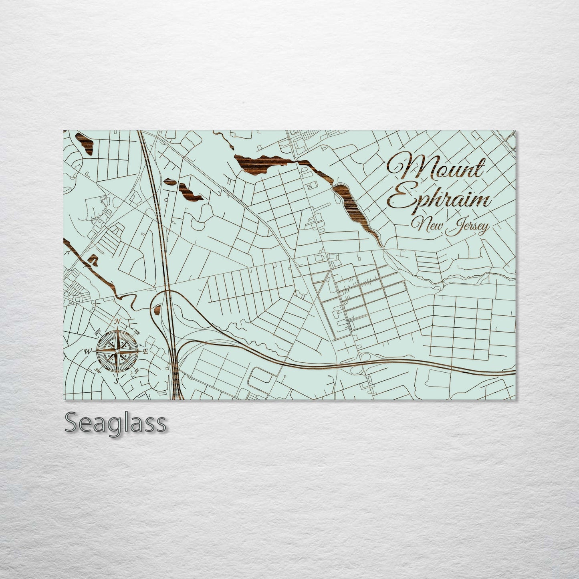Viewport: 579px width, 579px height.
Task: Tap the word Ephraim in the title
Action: (439, 199)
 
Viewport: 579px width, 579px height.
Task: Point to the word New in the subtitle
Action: (429, 227)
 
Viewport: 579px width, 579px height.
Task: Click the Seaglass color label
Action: (115, 423)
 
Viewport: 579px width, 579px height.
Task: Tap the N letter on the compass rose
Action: (117, 321)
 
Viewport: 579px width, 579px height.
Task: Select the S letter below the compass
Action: (117, 381)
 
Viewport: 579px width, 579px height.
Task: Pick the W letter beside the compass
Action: (87, 351)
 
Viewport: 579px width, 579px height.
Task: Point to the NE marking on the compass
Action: (137, 332)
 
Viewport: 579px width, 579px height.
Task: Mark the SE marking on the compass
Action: (137, 371)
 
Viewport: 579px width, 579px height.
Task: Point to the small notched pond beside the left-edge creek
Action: (93, 260)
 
